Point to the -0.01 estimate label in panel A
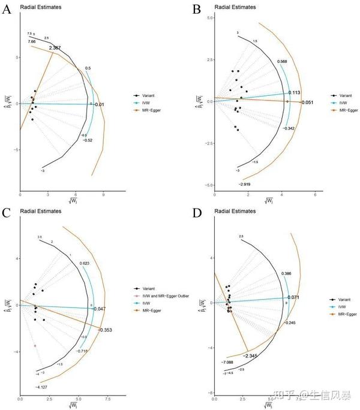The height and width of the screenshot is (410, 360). pos(99,105)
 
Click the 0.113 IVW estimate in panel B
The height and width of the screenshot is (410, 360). pos(294,92)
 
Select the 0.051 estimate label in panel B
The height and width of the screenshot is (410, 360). pos(307,103)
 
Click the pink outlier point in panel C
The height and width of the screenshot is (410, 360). pos(35,346)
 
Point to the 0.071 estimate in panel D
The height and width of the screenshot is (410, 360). pos(293,297)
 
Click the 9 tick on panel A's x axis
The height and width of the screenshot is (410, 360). pos(103,195)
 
